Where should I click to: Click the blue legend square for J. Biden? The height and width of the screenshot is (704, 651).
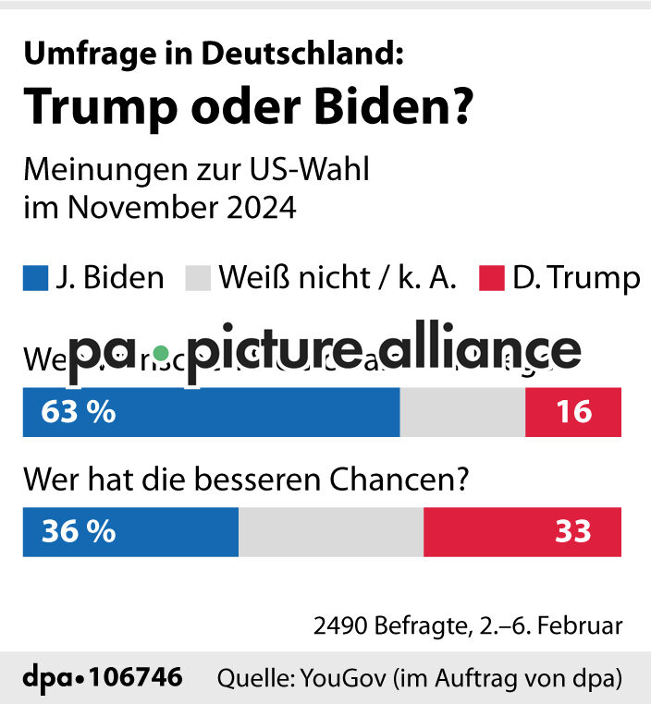(x=35, y=278)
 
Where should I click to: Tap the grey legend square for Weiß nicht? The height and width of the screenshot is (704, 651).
(x=199, y=278)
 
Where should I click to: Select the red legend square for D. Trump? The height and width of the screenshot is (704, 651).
(x=492, y=278)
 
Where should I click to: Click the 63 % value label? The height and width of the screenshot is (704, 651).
(x=79, y=412)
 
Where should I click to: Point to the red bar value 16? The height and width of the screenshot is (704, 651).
(x=574, y=412)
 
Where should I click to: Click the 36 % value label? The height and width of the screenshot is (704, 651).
(x=79, y=532)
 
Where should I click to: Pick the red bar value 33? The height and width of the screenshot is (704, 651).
(x=574, y=532)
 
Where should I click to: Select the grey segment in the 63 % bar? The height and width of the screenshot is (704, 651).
(x=462, y=412)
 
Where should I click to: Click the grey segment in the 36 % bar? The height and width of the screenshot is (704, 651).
(x=331, y=532)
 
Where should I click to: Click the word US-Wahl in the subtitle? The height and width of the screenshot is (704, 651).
(x=321, y=171)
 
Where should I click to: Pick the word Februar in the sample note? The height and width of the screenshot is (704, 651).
(x=582, y=625)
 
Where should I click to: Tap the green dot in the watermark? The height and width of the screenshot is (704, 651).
(x=161, y=352)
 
